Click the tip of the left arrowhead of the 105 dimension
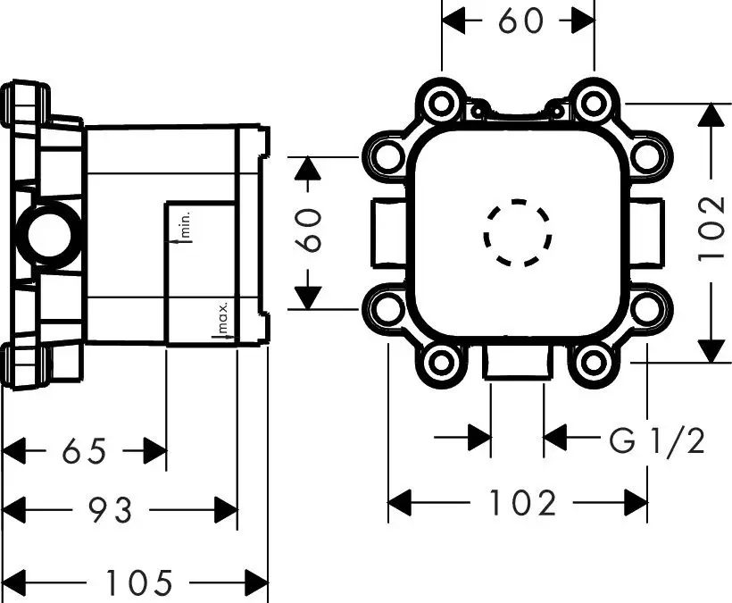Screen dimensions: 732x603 (x=4, y=582)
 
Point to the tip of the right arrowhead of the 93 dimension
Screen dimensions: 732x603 (x=237, y=509)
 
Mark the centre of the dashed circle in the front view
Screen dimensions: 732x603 (x=517, y=233)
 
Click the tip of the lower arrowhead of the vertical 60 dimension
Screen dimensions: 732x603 (x=308, y=309)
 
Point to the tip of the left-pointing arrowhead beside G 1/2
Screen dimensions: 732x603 (x=545, y=438)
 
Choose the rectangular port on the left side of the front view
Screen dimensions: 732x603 (x=388, y=233)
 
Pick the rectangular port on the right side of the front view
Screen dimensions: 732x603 (x=646, y=233)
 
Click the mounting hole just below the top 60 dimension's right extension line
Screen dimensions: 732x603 (x=594, y=104)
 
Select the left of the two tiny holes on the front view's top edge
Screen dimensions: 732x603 (x=478, y=111)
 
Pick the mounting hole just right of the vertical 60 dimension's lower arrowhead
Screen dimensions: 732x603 (x=388, y=309)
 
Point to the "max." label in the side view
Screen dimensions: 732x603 (x=222, y=318)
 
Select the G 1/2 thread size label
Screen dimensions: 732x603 (x=656, y=440)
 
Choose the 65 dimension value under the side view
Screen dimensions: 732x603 (x=85, y=451)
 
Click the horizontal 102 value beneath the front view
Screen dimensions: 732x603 (x=521, y=503)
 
